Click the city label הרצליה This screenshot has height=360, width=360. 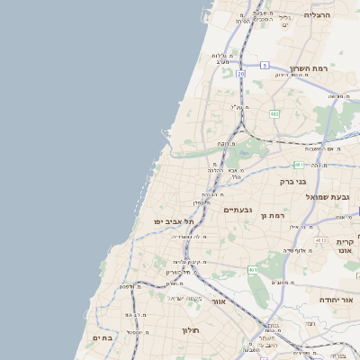click(318, 15)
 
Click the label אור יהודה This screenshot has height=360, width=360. click(339, 300)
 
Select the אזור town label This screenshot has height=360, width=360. click(218, 301)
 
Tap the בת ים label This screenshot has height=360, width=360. click(102, 337)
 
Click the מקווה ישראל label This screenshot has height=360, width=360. click(187, 298)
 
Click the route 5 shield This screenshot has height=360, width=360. click(265, 66)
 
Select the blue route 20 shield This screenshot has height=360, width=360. click(240, 75)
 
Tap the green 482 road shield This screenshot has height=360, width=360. click(273, 113)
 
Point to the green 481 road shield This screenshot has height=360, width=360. click(298, 165)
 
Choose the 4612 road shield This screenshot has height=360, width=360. click(321, 241)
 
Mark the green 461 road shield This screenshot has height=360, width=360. click(254, 269)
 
